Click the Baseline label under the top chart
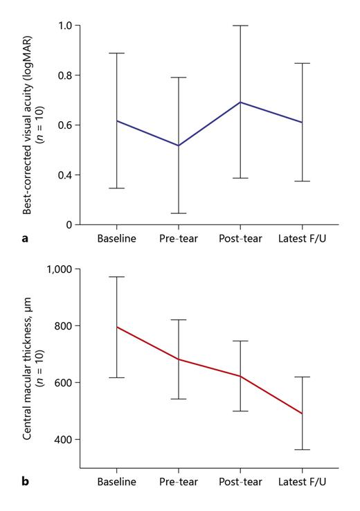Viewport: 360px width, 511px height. point(116,239)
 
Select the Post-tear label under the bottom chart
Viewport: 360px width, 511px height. point(240,481)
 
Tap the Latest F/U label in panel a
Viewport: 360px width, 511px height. point(303,239)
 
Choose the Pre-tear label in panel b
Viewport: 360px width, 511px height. point(179,481)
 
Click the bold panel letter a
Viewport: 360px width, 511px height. point(26,239)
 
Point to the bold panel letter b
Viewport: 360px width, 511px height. point(26,481)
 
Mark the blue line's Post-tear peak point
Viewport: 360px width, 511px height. point(240,102)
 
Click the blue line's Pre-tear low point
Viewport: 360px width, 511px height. point(179,145)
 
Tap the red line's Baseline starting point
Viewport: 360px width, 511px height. point(116,327)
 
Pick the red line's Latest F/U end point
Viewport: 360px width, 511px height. point(303,413)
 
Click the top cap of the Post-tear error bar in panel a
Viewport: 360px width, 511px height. point(240,26)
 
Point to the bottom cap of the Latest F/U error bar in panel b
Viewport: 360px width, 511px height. point(303,450)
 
